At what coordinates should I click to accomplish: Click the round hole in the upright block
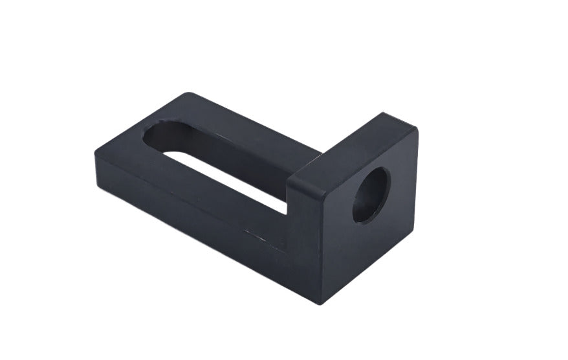(370, 195)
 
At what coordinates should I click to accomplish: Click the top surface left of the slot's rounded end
(126, 139)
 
